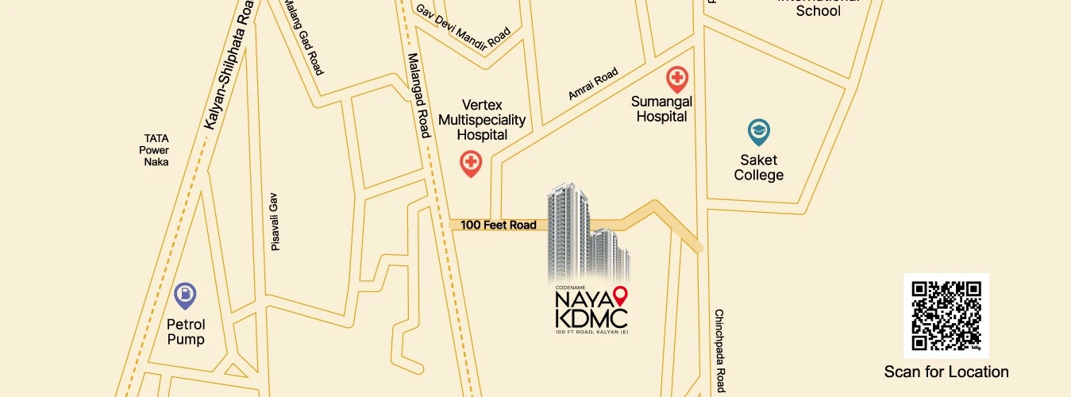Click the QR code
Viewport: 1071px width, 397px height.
(946, 315)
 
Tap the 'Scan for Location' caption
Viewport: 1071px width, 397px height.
(946, 372)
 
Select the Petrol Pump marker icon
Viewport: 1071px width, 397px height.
(185, 296)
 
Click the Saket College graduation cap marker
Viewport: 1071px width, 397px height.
(759, 132)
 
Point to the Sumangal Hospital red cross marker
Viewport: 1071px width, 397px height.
(676, 79)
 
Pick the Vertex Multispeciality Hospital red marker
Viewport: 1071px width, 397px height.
(471, 164)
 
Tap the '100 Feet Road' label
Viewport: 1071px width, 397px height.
(499, 225)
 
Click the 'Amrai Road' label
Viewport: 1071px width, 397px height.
(592, 83)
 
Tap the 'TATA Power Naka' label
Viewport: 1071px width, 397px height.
(156, 149)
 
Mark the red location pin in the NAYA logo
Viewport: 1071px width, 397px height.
(621, 297)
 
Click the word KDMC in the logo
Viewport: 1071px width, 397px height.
(592, 318)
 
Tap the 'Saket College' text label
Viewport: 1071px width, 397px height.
(758, 168)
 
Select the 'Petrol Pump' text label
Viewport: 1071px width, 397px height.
(185, 332)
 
